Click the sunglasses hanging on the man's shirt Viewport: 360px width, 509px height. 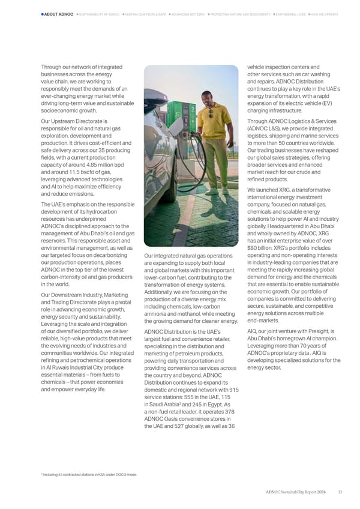(x=211, y=114)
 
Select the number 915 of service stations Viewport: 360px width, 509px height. (x=233, y=390)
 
